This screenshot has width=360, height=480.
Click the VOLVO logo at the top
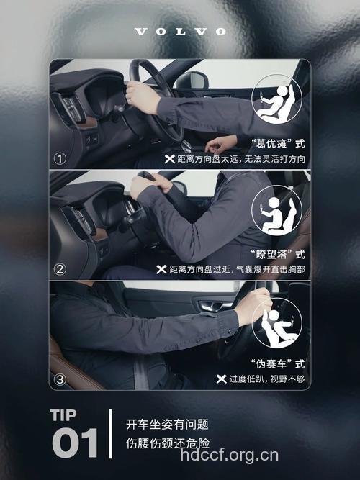[180, 32]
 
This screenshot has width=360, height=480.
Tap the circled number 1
[60, 158]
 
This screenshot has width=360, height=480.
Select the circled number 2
[60, 269]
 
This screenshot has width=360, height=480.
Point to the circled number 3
[60, 379]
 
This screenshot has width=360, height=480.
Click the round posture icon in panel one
[276, 101]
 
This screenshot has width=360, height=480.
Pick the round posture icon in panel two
[276, 213]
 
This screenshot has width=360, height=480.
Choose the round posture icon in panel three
[277, 322]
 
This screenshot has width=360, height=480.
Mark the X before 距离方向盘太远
[169, 158]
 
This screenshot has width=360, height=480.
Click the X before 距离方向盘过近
[161, 269]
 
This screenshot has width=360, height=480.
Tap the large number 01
[75, 443]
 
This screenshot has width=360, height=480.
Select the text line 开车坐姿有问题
[168, 424]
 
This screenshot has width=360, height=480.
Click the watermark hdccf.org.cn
[228, 455]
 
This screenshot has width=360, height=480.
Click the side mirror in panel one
[193, 81]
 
